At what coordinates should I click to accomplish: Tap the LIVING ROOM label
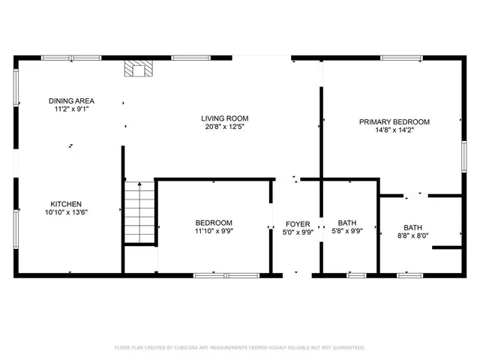point(224,118)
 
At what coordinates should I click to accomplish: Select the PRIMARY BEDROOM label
point(394,121)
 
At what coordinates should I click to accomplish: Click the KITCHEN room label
point(66,204)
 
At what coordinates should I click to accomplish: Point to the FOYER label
point(298,224)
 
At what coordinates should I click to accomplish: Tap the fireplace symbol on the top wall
point(137,70)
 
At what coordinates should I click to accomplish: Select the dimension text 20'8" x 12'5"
point(224,127)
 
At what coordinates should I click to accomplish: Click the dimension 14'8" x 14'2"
point(394,130)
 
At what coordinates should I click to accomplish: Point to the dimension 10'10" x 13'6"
point(66,213)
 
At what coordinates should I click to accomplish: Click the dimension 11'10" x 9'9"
point(214,232)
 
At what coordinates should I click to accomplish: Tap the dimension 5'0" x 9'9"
point(298,233)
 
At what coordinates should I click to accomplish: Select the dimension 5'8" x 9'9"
point(347,232)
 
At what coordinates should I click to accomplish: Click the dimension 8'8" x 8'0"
point(412,237)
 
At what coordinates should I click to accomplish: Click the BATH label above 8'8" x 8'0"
point(412,228)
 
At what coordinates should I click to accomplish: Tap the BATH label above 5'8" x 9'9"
point(347,223)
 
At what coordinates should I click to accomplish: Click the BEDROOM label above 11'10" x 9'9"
point(214,223)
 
